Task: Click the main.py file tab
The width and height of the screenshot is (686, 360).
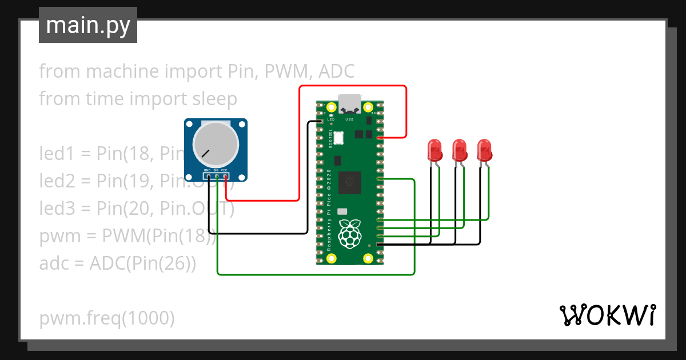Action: click(x=87, y=26)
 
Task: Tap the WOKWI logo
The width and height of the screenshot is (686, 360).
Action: click(x=607, y=315)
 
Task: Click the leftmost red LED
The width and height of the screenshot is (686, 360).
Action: click(x=435, y=150)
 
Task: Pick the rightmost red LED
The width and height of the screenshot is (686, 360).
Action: click(x=485, y=150)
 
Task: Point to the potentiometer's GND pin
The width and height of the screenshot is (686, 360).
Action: click(x=209, y=177)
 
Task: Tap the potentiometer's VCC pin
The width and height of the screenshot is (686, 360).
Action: click(x=225, y=177)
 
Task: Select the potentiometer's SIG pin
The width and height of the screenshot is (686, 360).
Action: click(x=217, y=177)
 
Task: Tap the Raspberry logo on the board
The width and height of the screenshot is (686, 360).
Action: click(x=350, y=233)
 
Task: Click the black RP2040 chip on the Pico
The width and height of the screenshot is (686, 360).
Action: click(x=350, y=182)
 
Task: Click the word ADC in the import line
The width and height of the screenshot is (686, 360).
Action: click(x=336, y=71)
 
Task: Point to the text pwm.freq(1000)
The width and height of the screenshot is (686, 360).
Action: click(x=107, y=318)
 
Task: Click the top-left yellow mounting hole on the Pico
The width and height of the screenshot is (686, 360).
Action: click(x=332, y=107)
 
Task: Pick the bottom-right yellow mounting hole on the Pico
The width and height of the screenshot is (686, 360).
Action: click(x=368, y=259)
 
